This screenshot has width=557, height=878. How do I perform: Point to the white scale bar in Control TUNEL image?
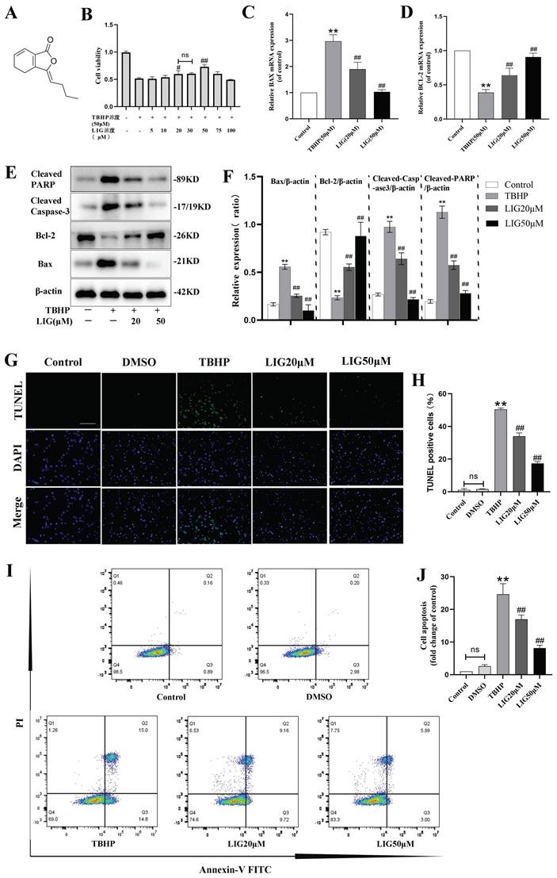[x=88, y=423]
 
